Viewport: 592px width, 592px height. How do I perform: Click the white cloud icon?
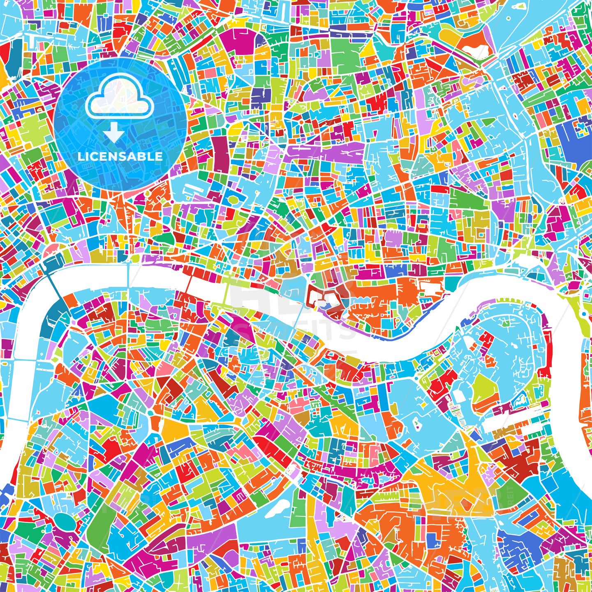[119, 101]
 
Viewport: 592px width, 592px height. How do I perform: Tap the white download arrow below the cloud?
[114, 132]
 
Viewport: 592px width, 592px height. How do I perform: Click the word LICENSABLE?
[120, 157]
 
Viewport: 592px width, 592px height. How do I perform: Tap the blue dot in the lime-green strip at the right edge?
[584, 314]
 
